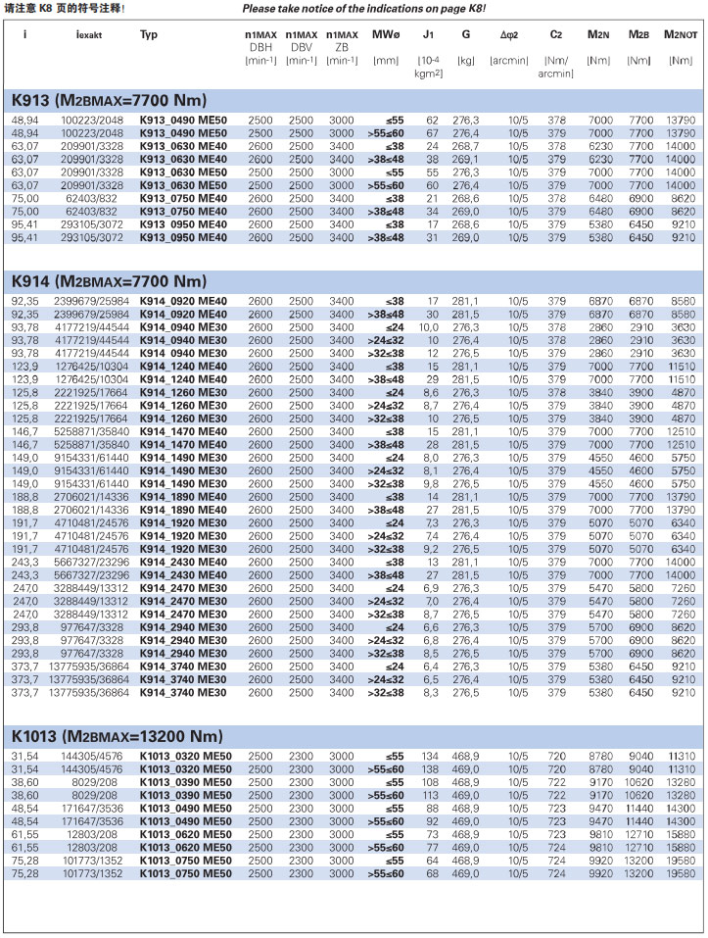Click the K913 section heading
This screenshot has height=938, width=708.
[x=108, y=100]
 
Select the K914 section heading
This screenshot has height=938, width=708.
[x=108, y=281]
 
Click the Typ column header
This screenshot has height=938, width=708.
[x=149, y=34]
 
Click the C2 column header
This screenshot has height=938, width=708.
[x=555, y=34]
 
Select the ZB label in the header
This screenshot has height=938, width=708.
[x=341, y=46]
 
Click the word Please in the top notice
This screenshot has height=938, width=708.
[x=262, y=8]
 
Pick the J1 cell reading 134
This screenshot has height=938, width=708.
[x=429, y=756]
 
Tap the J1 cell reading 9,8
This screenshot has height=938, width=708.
[x=430, y=483]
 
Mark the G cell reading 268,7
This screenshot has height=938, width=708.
[x=465, y=145]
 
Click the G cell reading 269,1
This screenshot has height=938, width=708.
[x=465, y=159]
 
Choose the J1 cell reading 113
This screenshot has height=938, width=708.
[x=429, y=795]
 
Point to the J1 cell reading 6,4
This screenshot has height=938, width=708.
[x=430, y=666]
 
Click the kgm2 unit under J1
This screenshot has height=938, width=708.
[x=429, y=73]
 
